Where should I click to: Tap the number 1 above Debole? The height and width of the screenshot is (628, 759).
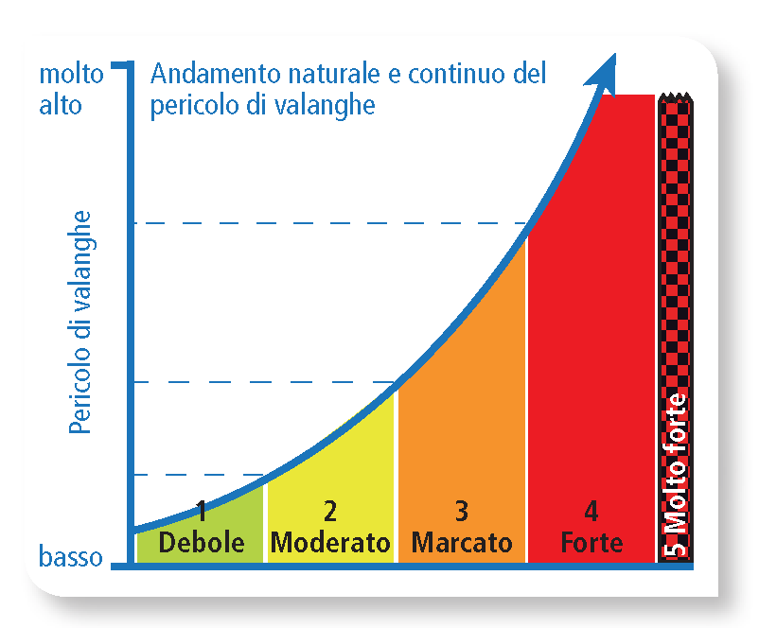[x=202, y=512]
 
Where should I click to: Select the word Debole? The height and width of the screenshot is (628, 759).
[x=202, y=543]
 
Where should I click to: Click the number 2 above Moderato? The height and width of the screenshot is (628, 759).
[x=329, y=512]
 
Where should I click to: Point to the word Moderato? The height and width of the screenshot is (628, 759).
[x=330, y=543]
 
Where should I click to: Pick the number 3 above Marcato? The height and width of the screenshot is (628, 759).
[x=461, y=512]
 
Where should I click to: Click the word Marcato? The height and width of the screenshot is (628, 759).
[x=462, y=543]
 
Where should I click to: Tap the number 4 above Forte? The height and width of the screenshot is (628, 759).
[x=591, y=512]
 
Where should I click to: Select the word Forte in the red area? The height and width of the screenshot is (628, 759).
[x=591, y=543]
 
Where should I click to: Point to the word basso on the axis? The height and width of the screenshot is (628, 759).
[x=71, y=557]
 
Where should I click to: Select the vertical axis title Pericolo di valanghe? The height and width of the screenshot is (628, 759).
[x=82, y=323]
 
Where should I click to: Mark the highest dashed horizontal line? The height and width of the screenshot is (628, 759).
[x=322, y=223]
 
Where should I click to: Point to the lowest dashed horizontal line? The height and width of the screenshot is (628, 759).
[x=189, y=474]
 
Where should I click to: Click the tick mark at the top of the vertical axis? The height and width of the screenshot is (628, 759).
[x=120, y=65]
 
